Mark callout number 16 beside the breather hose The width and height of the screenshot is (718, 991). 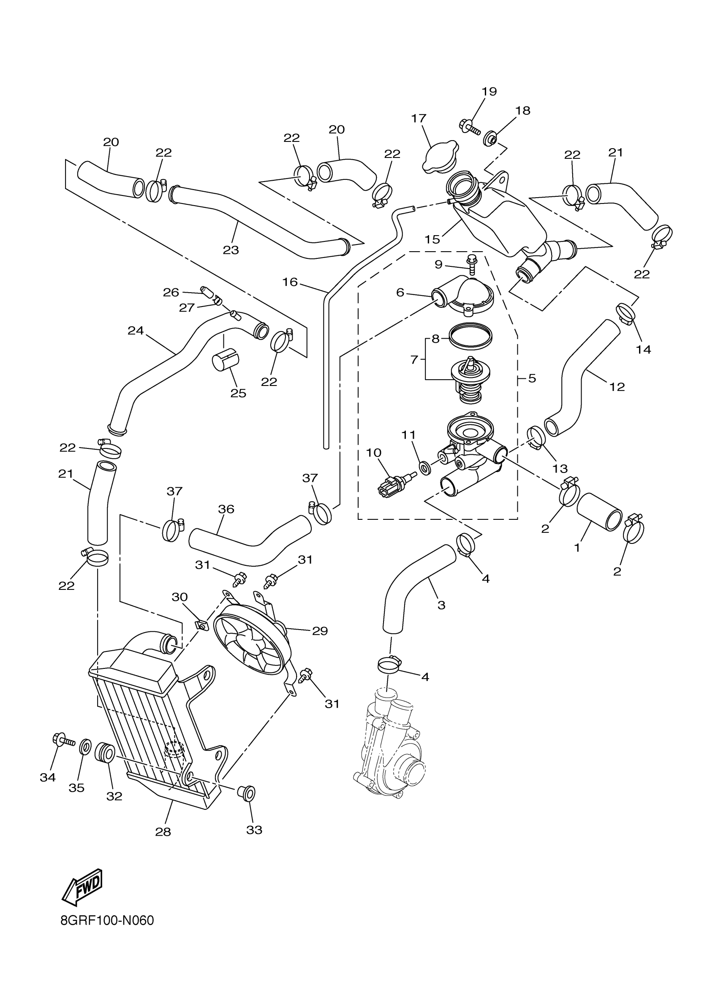pos(290,282)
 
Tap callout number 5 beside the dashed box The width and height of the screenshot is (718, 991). pos(532,378)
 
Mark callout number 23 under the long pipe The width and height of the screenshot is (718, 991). pos(231,250)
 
